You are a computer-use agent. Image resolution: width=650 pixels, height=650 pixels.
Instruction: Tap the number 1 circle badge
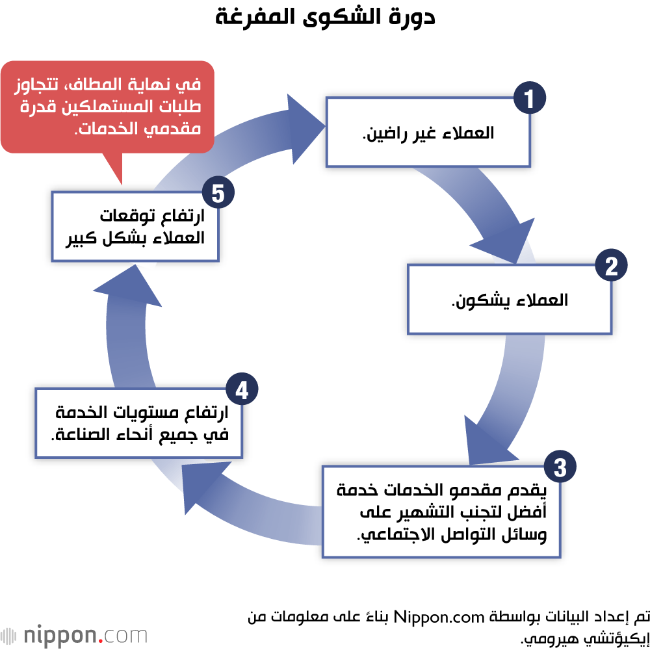click(529, 99)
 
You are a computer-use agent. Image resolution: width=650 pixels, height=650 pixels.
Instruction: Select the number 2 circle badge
click(611, 266)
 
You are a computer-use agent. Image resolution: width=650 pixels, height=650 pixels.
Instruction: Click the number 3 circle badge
click(560, 467)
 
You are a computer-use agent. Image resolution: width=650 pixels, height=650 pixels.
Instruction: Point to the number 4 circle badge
click(242, 390)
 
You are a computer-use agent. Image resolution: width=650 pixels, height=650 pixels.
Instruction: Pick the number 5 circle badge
click(218, 193)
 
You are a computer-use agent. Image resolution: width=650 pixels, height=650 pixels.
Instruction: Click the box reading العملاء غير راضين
click(427, 133)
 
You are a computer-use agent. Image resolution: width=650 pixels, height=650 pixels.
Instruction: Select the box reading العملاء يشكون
click(509, 300)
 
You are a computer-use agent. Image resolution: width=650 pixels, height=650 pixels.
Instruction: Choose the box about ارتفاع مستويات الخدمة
click(138, 422)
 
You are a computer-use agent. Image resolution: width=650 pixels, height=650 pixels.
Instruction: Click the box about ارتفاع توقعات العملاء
click(135, 226)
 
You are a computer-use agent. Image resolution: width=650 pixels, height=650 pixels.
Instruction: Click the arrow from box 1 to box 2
click(500, 214)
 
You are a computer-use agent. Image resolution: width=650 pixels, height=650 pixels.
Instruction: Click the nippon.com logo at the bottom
click(74, 634)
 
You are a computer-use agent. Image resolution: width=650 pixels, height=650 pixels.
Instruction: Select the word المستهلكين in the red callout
click(105, 107)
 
